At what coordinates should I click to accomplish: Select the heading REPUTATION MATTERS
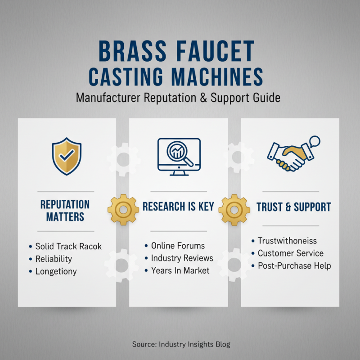pyautogui.click(x=65, y=210)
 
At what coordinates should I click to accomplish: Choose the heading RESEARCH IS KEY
pyautogui.click(x=178, y=207)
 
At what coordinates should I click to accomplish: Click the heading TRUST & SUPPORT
pyautogui.click(x=293, y=207)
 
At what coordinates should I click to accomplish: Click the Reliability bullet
pyautogui.click(x=54, y=259)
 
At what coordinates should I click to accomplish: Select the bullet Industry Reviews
pyautogui.click(x=182, y=258)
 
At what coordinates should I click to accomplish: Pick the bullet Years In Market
pyautogui.click(x=180, y=270)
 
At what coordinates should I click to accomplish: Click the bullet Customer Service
pyautogui.click(x=290, y=253)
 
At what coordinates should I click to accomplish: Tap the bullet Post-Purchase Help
pyautogui.click(x=294, y=265)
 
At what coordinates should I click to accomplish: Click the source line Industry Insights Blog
pyautogui.click(x=181, y=344)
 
